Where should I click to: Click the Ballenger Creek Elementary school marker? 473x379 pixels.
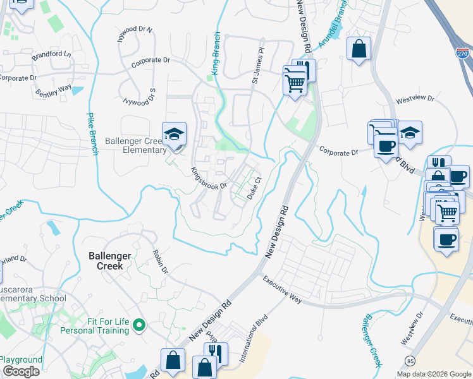click(x=174, y=135)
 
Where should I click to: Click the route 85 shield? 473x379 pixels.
click(x=409, y=361)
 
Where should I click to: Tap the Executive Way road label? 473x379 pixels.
click(x=282, y=290)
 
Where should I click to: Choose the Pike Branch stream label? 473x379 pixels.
click(x=91, y=133)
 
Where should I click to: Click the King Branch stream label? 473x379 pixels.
click(x=216, y=54)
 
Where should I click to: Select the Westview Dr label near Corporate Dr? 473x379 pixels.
click(x=415, y=100)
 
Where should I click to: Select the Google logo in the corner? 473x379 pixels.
click(x=21, y=371)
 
